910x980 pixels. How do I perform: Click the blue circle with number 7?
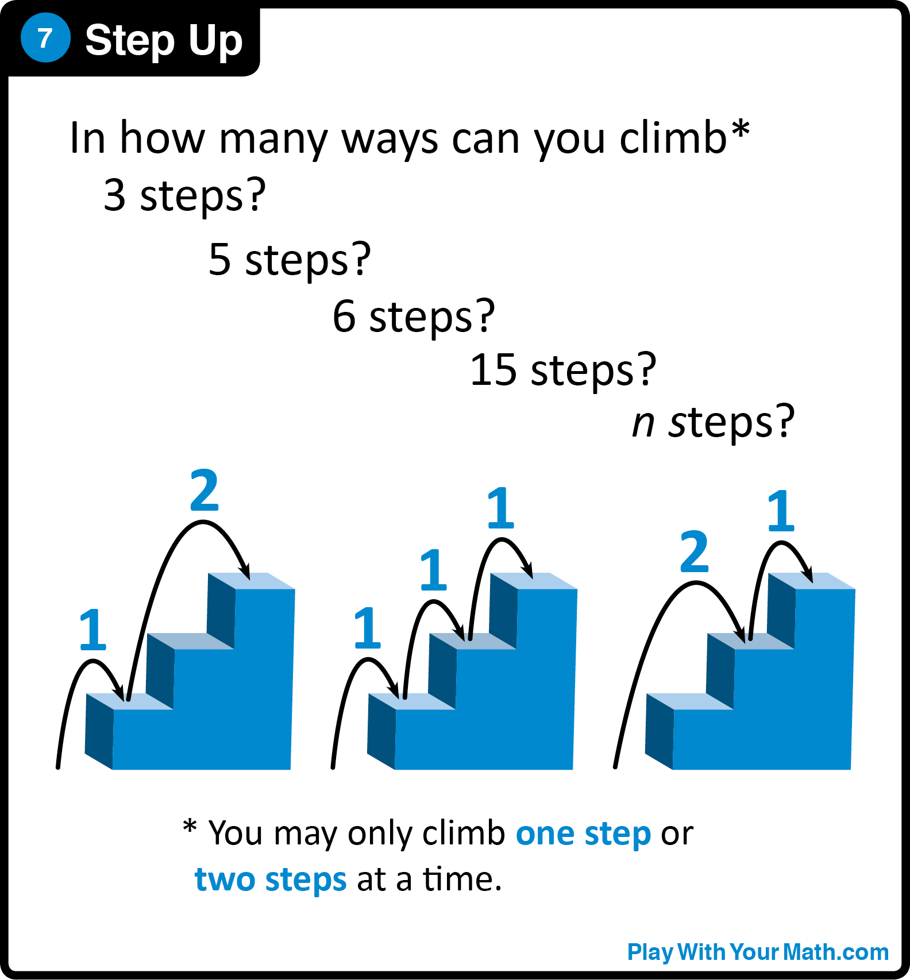pyautogui.click(x=45, y=38)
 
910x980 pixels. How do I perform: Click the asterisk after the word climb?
pyautogui.click(x=740, y=129)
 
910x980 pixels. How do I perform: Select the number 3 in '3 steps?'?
pyautogui.click(x=114, y=195)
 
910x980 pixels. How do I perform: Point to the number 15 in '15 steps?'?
pyautogui.click(x=493, y=369)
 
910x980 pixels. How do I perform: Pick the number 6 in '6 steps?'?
pyautogui.click(x=344, y=316)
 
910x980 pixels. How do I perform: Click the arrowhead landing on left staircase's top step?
pyautogui.click(x=245, y=572)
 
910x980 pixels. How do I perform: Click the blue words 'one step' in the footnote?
pyautogui.click(x=583, y=834)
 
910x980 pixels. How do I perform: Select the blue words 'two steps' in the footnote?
pyautogui.click(x=271, y=879)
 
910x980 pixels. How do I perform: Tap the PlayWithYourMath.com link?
pyautogui.click(x=757, y=952)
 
